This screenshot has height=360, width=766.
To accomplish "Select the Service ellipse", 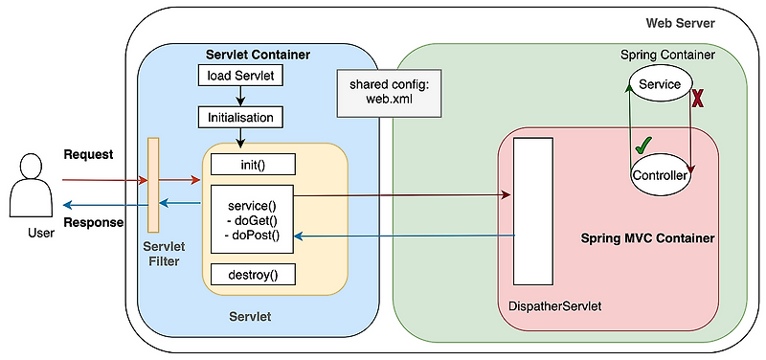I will (659, 85).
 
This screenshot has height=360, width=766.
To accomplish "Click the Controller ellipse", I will (661, 175).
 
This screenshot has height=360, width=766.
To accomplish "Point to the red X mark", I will (698, 99).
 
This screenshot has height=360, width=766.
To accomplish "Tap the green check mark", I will (643, 146).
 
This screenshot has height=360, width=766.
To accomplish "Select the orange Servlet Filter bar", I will (152, 185).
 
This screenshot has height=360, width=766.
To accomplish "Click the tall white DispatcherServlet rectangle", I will (533, 212).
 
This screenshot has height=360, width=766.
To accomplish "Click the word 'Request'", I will (88, 154).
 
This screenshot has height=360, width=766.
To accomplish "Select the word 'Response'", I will (93, 222).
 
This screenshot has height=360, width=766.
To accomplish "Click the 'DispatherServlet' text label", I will (554, 306).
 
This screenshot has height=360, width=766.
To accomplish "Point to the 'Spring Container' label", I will (666, 56).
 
